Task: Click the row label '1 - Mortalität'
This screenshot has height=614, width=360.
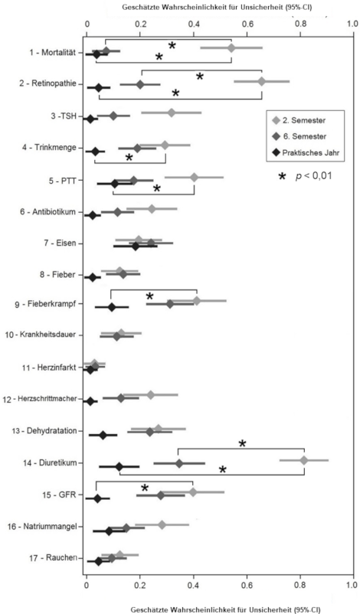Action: coord(52,53)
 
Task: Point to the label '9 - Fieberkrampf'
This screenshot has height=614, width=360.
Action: coord(46,304)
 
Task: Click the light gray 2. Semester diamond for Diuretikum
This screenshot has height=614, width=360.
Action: coord(304,460)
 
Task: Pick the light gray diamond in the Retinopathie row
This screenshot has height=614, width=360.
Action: coord(262,81)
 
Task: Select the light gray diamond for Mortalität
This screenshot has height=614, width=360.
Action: coord(231,47)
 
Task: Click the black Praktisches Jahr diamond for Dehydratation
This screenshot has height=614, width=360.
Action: coord(103,435)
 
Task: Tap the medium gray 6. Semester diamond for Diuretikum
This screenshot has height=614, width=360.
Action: coord(179,464)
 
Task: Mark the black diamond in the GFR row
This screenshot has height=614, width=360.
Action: coord(97,498)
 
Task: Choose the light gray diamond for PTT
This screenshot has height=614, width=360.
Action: coord(194,177)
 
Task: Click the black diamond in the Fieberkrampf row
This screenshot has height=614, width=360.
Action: coord(112,307)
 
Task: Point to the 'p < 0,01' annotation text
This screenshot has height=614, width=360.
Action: coord(314,176)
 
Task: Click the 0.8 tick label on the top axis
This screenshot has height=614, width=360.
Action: coord(301,23)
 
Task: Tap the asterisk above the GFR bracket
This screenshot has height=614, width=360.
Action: coord(145,488)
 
